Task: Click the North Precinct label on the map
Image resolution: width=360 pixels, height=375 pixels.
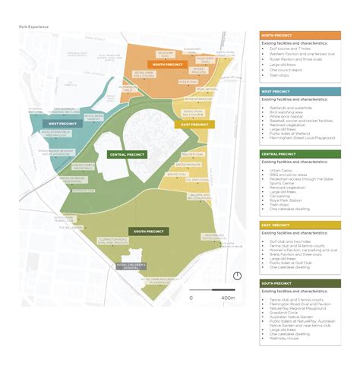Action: (168, 65)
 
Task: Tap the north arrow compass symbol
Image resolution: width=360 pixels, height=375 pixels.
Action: (237, 276)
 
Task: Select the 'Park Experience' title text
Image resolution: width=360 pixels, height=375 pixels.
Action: (33, 27)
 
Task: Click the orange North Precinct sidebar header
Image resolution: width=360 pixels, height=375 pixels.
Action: (300, 36)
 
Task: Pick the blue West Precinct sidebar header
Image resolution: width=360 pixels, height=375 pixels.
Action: (300, 92)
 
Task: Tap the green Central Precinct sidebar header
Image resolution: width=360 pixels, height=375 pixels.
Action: (300, 154)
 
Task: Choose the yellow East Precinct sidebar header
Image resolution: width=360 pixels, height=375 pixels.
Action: (300, 225)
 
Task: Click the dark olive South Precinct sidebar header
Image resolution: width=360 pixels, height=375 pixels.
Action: (300, 283)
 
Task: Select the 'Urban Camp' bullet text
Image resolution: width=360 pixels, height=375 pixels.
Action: (279, 171)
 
